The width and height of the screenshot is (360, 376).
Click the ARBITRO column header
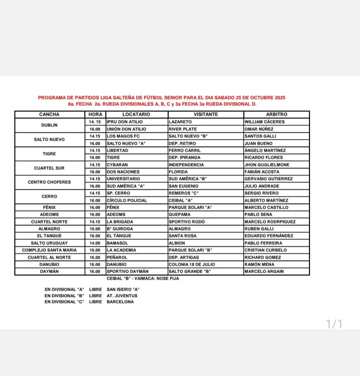[x=276, y=115]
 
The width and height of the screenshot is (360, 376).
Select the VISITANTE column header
[x=206, y=115]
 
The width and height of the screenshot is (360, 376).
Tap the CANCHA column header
[x=49, y=115]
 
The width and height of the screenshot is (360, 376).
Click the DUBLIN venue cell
[x=49, y=125]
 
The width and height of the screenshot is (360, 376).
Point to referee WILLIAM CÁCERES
[x=264, y=122]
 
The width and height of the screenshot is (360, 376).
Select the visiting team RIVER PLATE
[x=183, y=129]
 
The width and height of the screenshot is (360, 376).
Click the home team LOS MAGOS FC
[x=123, y=136]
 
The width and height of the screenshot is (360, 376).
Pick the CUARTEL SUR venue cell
[x=49, y=168]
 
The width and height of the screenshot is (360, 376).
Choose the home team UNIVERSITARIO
[x=123, y=179]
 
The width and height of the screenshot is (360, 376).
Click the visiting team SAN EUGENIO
[x=183, y=186]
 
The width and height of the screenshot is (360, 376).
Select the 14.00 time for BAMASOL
[x=95, y=243]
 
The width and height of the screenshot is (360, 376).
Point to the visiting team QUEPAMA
[x=180, y=214]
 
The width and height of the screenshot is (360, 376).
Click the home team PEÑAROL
[x=117, y=257]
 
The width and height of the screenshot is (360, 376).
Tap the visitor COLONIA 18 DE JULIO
[x=192, y=264]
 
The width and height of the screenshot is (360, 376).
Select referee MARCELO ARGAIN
[x=264, y=272]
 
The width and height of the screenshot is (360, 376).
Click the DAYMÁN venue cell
[x=49, y=272]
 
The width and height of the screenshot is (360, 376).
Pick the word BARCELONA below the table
[x=120, y=302]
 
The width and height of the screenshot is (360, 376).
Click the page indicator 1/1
[x=334, y=324]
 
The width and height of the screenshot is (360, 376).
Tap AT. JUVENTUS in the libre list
[x=122, y=296]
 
